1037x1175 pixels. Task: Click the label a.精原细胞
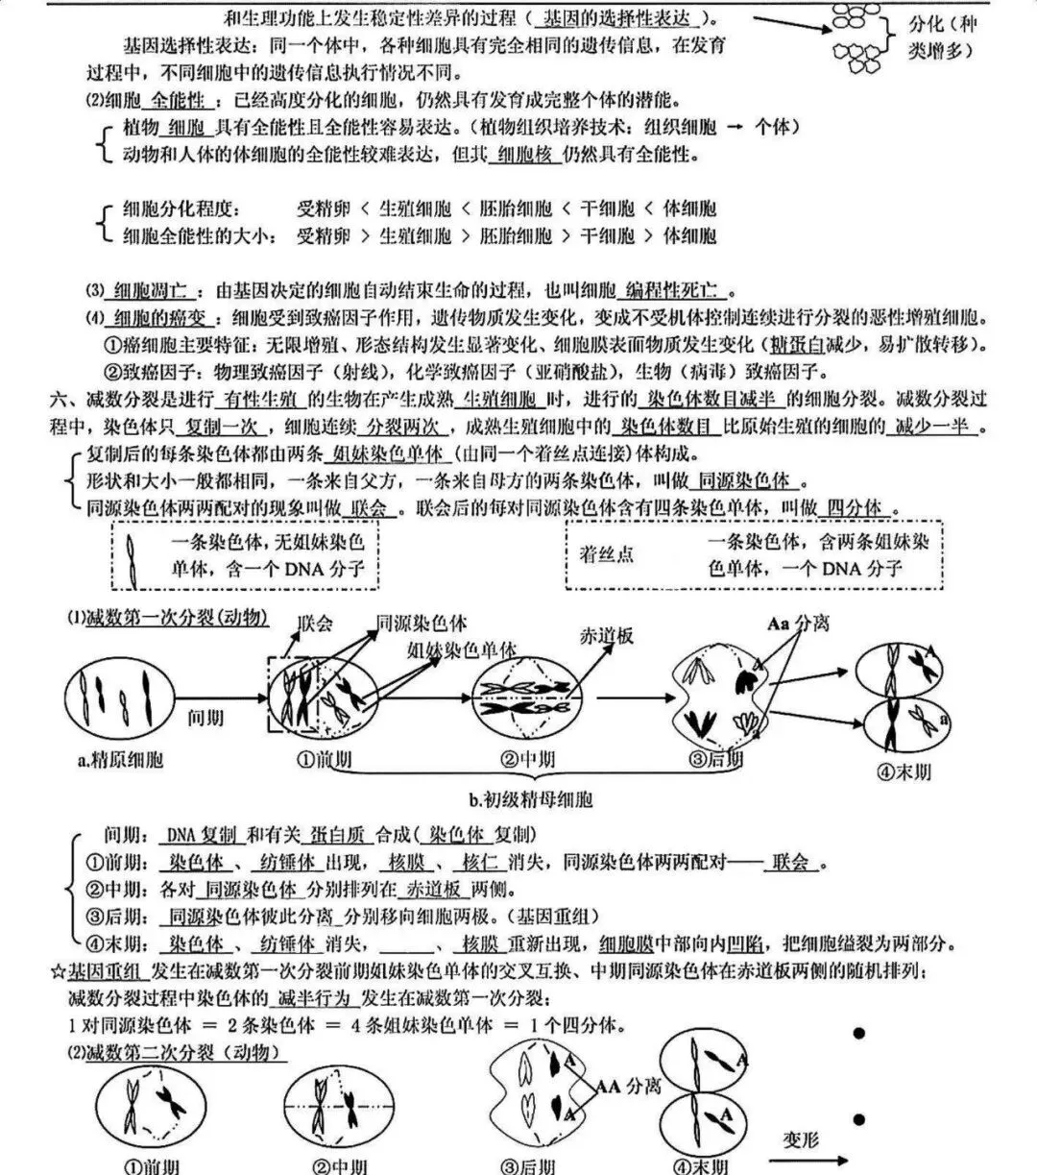(x=120, y=760)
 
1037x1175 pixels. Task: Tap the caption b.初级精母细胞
(x=530, y=799)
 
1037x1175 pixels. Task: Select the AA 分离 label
(x=629, y=1087)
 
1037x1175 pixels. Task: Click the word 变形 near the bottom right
(x=799, y=1140)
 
